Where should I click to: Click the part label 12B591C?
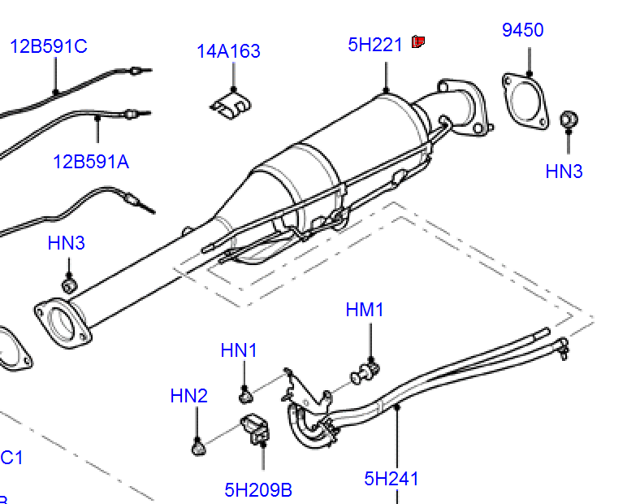coord(48,46)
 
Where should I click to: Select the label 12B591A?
coord(91,162)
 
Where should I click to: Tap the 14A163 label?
coord(228,51)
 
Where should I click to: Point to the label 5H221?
coord(375,45)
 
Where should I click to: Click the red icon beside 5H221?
coord(419,41)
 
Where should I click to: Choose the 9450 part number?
coord(522,30)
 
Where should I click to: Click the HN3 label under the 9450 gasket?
coord(564,172)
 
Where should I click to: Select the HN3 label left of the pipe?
coord(66,243)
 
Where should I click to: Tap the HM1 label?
coord(365,310)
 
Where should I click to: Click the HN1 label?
coord(239,350)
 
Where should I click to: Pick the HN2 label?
coord(189,396)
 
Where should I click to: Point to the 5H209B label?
coord(258,490)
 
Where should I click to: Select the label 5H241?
coord(391,479)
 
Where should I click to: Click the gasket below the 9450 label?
coord(525,101)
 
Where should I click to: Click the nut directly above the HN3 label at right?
coord(570,119)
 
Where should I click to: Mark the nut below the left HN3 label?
coord(70,285)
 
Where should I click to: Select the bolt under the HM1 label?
coord(368,372)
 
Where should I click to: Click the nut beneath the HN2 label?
coord(197,447)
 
